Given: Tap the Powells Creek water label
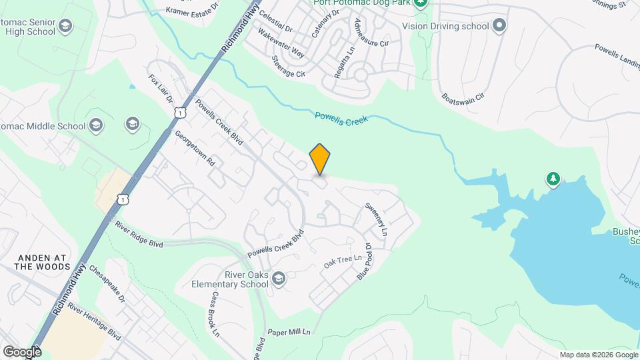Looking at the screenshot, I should point(341,121).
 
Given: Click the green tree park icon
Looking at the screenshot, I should point(553,179).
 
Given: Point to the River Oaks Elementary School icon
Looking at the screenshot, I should point(279,278).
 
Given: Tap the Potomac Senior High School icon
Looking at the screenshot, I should point(65,27).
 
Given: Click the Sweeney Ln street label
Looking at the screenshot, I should point(375,218).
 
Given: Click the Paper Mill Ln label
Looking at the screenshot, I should point(289,331).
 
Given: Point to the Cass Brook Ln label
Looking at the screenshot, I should point(215,313).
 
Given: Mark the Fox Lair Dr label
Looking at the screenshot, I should point(161,89).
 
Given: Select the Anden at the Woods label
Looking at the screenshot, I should point(43,261).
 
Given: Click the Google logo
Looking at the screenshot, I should point(21,351).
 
